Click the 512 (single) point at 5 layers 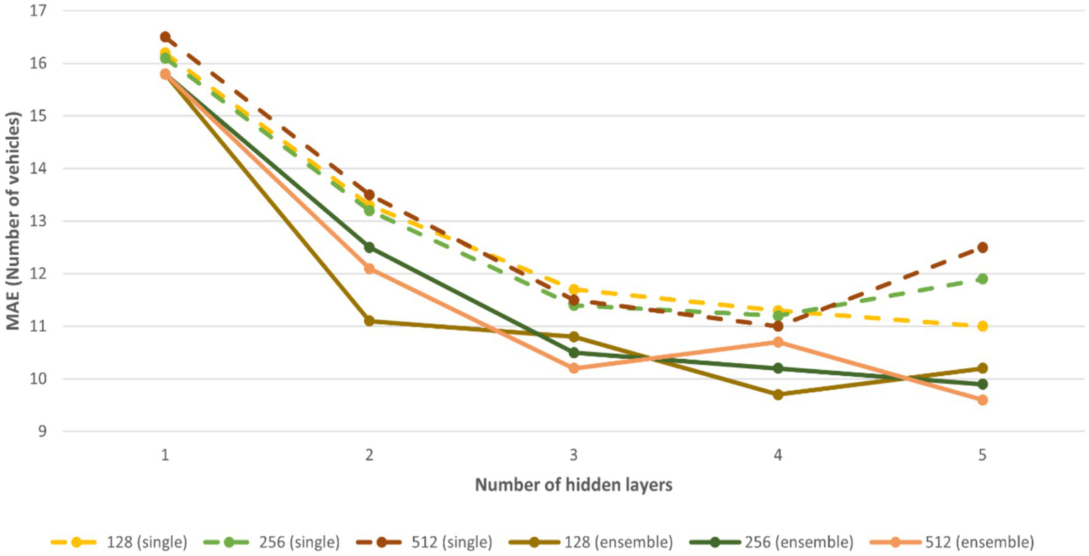983,248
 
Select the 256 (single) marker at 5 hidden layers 983,279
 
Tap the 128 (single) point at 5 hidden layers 983,326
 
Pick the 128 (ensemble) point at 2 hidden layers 369,321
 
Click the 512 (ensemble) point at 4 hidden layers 778,342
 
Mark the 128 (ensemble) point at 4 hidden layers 778,394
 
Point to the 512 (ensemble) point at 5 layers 983,400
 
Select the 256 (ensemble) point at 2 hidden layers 369,248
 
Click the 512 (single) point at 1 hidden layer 165,37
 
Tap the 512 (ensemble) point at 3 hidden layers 573,368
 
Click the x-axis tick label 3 573,456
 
